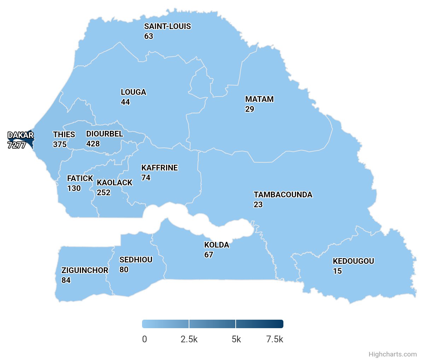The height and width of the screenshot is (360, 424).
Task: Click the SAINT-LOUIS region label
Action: click(167, 27)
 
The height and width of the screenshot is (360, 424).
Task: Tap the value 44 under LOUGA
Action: click(125, 102)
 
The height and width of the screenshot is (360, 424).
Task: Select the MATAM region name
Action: click(259, 99)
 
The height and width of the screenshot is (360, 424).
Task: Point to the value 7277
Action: click(17, 145)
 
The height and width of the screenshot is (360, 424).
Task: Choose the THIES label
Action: click(64, 135)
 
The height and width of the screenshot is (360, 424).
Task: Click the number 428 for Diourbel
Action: click(93, 144)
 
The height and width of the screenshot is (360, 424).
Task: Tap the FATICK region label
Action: click(80, 179)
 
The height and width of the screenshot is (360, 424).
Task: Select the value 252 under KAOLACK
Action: click(104, 193)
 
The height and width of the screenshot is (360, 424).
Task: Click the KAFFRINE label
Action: click(160, 168)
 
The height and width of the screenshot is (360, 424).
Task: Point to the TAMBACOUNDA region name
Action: click(283, 195)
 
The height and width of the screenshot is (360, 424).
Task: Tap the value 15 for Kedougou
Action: click(337, 271)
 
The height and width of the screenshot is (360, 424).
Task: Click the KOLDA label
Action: click(217, 245)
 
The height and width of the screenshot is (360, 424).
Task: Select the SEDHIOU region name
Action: click(136, 260)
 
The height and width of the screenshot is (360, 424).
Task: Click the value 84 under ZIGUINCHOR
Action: click(66, 280)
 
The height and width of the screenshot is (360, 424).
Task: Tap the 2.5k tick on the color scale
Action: click(189, 339)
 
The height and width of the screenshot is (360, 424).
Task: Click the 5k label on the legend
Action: click(236, 339)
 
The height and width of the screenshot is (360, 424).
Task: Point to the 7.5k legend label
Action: click(275, 339)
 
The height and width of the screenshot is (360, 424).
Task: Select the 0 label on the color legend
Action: click(145, 339)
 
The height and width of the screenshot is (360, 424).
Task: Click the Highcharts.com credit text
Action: click(393, 354)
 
